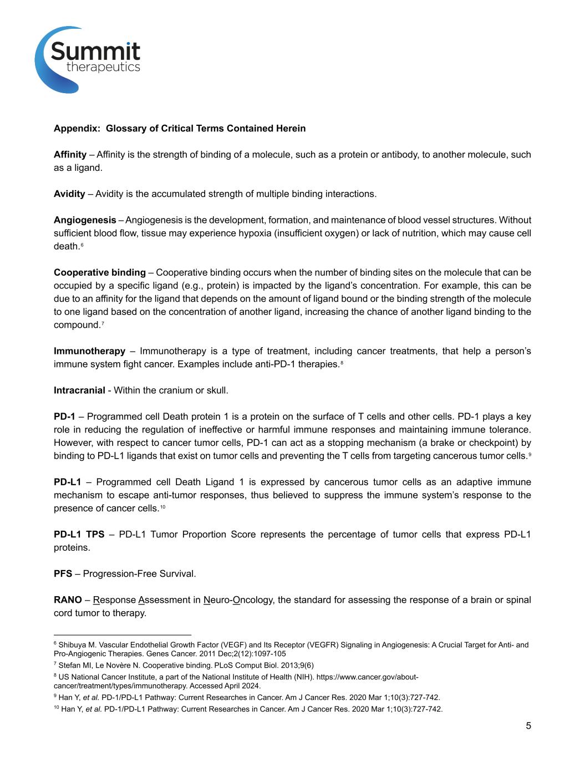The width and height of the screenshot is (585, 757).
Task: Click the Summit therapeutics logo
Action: pos(88,59)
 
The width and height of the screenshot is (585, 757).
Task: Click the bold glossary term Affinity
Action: pos(70,155)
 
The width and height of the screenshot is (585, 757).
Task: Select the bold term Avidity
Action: pos(69,194)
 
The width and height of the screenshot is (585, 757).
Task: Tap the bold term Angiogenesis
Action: pos(85,220)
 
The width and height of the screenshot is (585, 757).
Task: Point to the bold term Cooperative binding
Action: pos(99,273)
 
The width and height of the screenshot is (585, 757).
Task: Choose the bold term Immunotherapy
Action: pos(89,351)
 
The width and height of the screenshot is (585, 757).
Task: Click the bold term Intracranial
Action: pos(79,390)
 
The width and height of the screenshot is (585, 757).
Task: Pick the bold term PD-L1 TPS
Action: pos(79,535)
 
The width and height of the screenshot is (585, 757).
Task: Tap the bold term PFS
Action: pos(63,574)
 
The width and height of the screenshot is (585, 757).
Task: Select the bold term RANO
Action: pos(68,600)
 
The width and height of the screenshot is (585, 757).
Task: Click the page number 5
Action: pos(528,726)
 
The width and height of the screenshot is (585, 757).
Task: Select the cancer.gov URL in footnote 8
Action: pos(332,678)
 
